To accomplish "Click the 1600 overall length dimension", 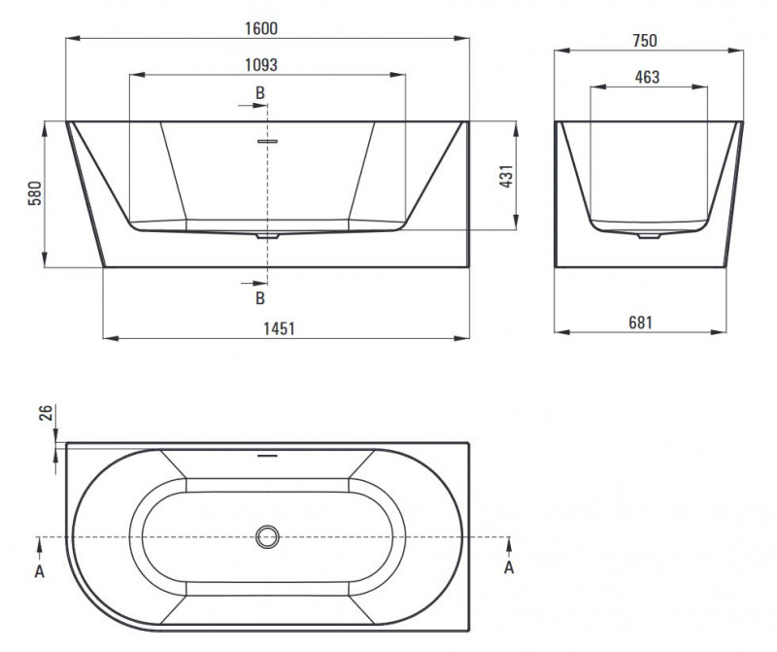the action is point(261,29).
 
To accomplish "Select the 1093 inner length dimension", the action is point(261,65).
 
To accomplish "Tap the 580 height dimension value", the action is point(35,193).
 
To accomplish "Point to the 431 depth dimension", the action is point(506,176).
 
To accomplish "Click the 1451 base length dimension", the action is point(279,328).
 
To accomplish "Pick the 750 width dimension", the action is point(645,41).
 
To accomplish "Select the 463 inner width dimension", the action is point(647,77).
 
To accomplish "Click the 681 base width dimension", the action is point(640,323).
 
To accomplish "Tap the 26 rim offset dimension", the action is point(45,413).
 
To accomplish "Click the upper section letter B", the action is point(260,92).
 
